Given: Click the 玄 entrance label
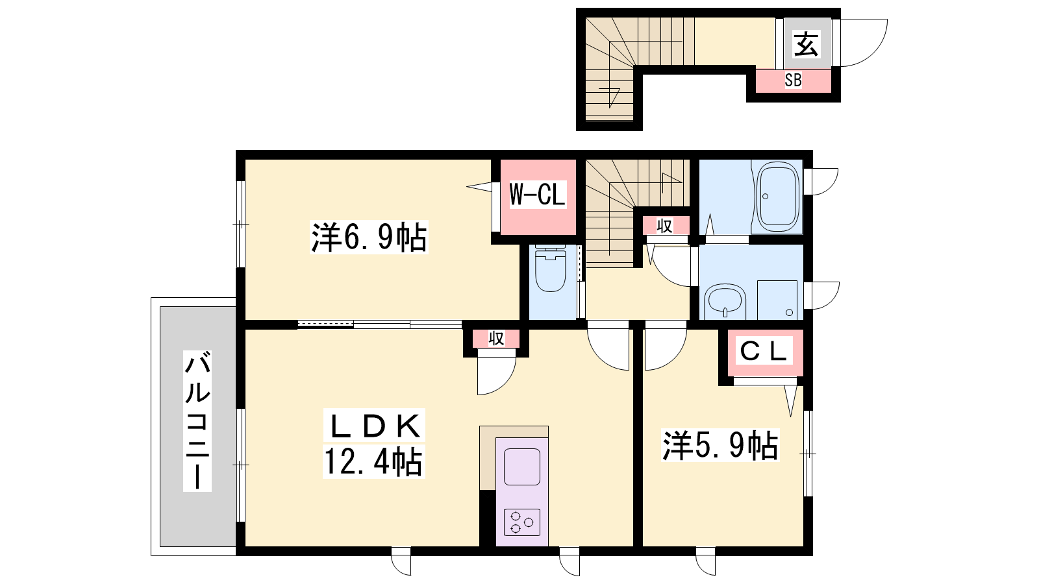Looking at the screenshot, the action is click(x=807, y=45).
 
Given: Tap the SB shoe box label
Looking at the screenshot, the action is click(x=793, y=80).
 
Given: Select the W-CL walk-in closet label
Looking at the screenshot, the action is click(x=538, y=194).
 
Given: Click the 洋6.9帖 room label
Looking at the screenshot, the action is click(x=369, y=237).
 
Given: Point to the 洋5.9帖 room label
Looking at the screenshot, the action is click(x=720, y=446).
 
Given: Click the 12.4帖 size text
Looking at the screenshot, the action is click(x=373, y=462).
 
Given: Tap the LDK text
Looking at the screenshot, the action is click(x=374, y=426).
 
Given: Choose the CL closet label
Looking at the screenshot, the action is click(x=764, y=351).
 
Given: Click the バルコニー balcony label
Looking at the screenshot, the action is click(x=197, y=420).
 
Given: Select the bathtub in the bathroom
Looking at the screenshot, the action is click(x=778, y=197).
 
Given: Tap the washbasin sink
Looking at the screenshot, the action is click(x=725, y=301).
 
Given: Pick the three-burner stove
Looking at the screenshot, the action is click(x=522, y=522).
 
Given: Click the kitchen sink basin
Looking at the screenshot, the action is click(x=522, y=467).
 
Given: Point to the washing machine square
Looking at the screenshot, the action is click(x=777, y=300).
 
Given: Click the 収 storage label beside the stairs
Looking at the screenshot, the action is click(x=664, y=226).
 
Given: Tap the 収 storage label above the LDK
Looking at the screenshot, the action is click(x=496, y=339).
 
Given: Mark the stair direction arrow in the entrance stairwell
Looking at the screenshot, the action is click(x=610, y=95).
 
